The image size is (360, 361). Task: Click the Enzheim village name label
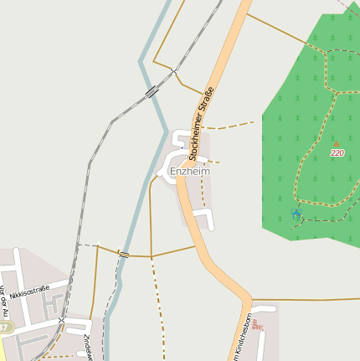tap(189, 171)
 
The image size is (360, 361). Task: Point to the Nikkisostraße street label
tap(30, 292)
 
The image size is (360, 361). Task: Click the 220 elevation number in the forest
tap(337, 153)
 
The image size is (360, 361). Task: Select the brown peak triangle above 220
tap(337, 144)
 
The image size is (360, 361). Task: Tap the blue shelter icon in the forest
tap(295, 213)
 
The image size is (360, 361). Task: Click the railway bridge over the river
tap(151, 91)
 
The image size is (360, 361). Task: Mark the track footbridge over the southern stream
tap(124, 254)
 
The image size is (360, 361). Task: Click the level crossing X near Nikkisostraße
tap(62, 320)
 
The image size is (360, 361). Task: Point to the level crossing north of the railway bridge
tap(173, 70)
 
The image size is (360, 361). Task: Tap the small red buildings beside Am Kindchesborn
tap(257, 327)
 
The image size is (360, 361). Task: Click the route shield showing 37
tap(4, 326)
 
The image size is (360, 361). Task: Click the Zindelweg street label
tap(87, 348)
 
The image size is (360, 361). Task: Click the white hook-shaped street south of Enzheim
tap(206, 219)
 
